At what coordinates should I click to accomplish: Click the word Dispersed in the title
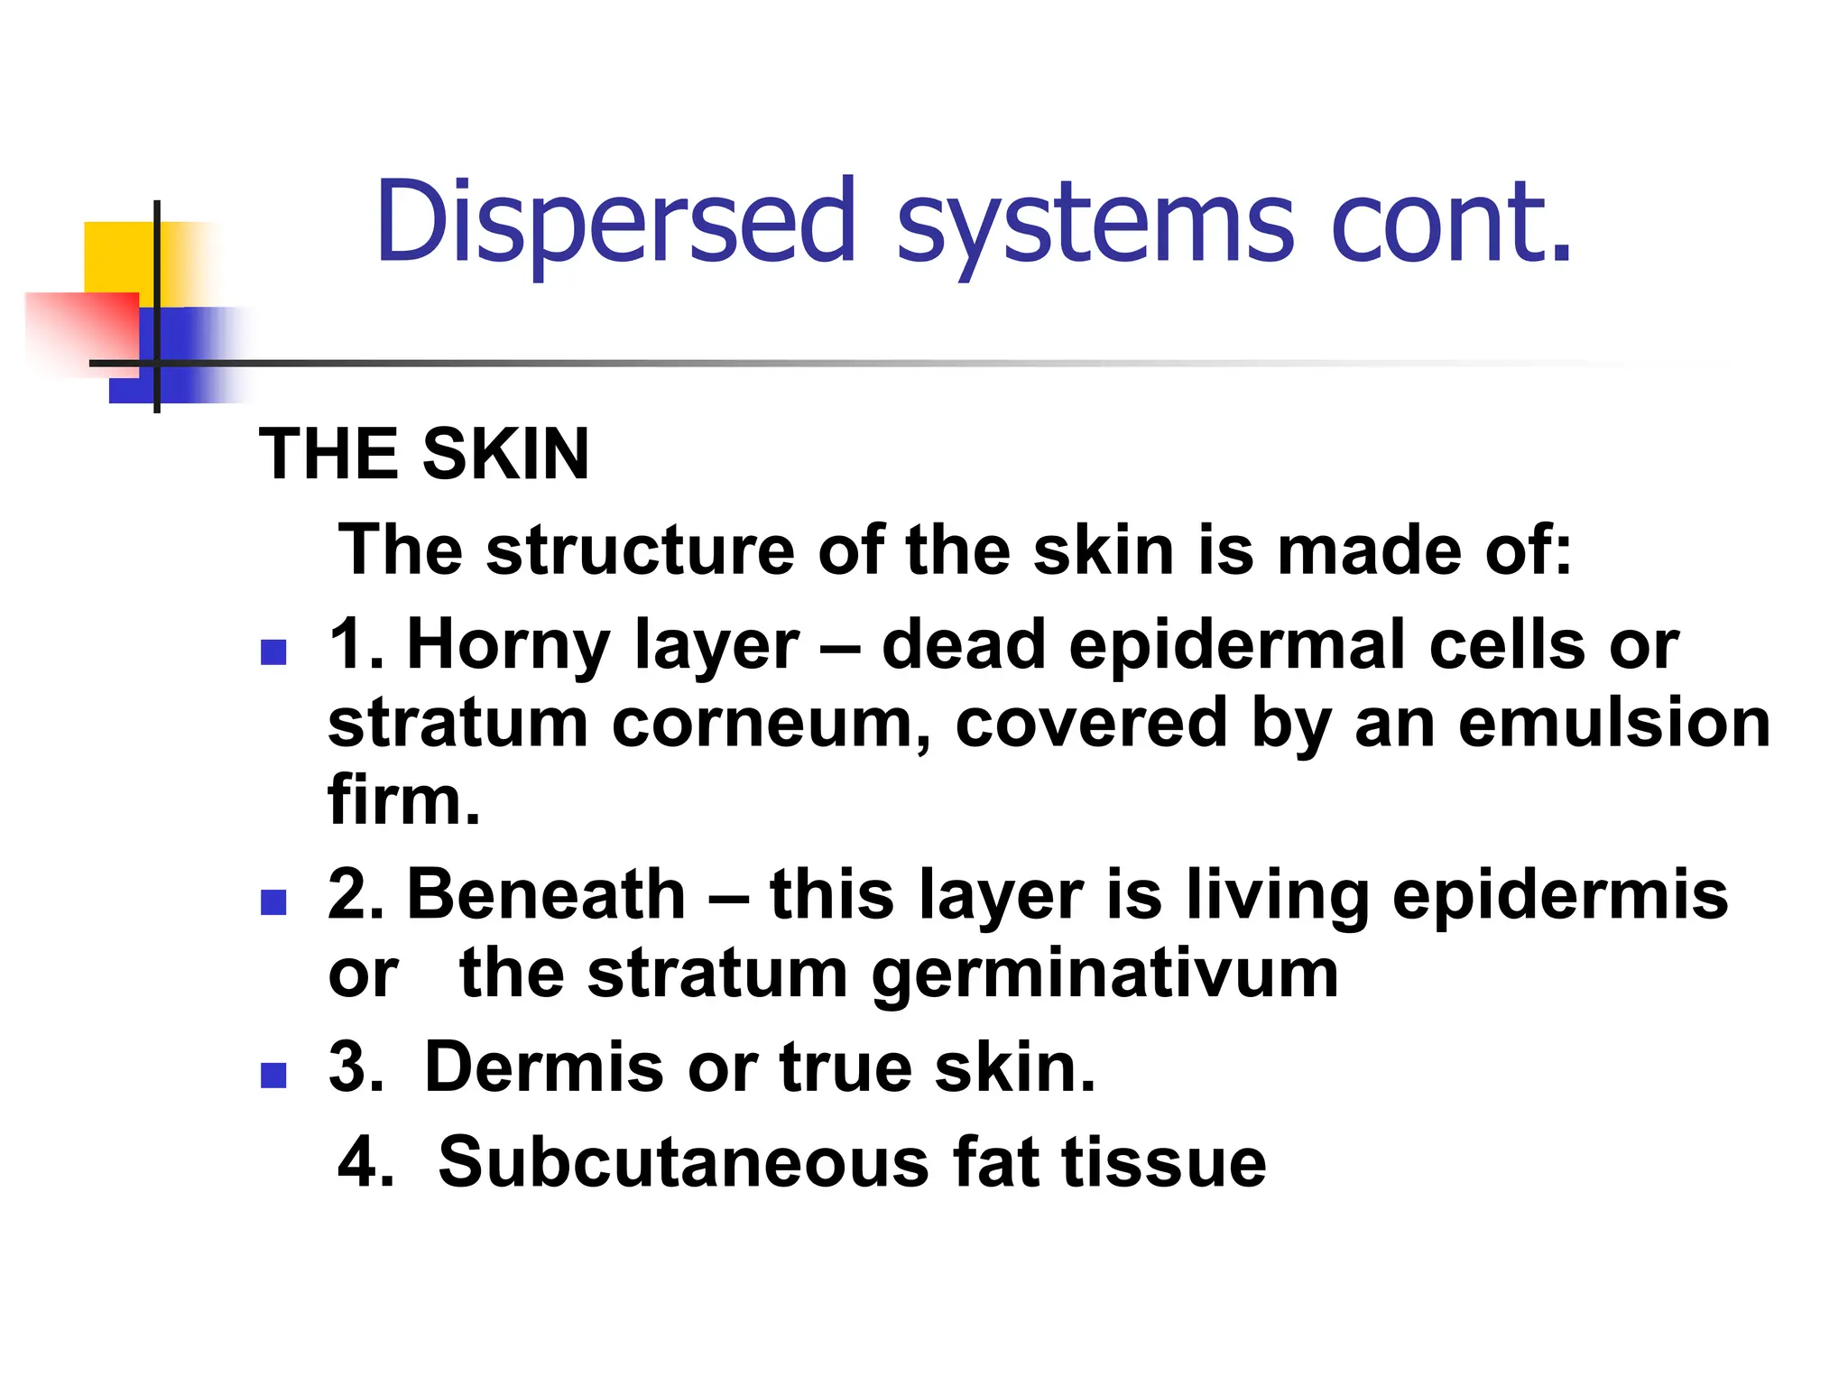click(x=615, y=223)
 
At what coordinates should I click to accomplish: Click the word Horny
click(x=509, y=646)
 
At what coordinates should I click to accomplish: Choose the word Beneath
click(x=547, y=894)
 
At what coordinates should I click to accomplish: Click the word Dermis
click(x=545, y=1067)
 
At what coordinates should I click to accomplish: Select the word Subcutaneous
click(x=683, y=1162)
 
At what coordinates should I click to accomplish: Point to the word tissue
click(x=1164, y=1162)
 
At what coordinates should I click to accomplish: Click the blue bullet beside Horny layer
click(x=273, y=652)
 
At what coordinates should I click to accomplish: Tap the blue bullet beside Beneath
click(x=273, y=902)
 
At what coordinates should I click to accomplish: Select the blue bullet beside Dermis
click(x=273, y=1075)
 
